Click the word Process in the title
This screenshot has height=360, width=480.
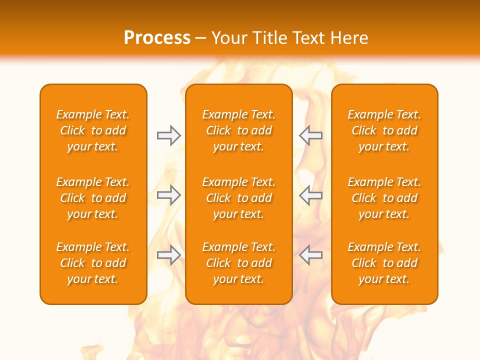[157, 38]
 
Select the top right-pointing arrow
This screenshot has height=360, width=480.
[168, 135]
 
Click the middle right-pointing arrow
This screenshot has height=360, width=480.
[168, 195]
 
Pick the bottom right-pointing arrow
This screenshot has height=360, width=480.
[168, 255]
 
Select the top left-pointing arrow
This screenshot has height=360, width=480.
[311, 135]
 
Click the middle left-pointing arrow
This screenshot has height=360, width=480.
[311, 195]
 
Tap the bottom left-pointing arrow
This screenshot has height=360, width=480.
[311, 255]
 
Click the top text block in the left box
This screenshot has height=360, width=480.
[93, 130]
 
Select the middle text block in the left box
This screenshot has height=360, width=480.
[93, 198]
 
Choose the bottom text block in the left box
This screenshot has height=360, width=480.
[93, 263]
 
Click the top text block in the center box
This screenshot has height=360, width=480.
[238, 130]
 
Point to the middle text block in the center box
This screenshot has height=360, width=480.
[238, 198]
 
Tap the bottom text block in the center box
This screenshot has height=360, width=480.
[238, 263]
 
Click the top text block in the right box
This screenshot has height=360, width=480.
[384, 130]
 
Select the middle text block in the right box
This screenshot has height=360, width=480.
[384, 198]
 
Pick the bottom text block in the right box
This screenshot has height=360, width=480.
[384, 263]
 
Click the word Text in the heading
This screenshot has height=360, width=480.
[308, 38]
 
